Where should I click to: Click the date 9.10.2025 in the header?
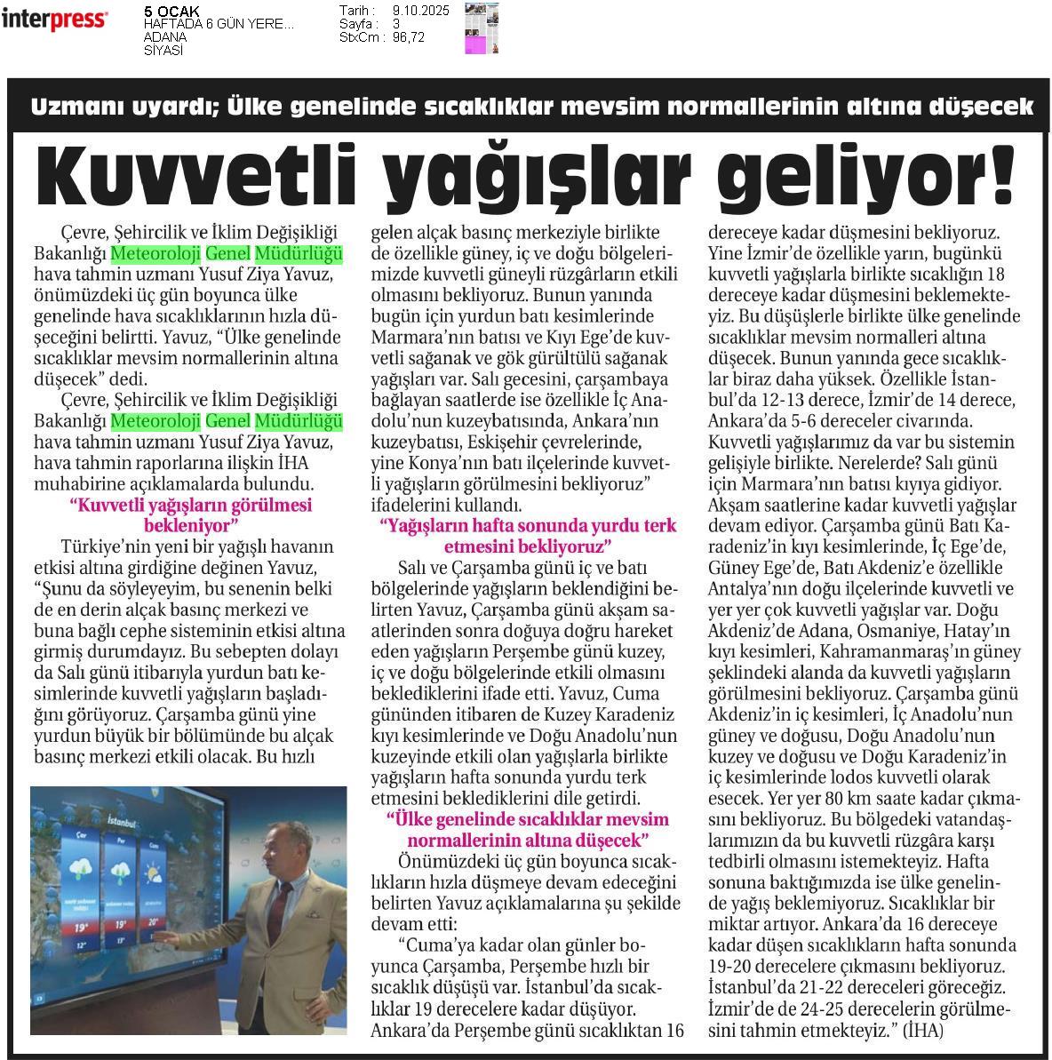click(420, 10)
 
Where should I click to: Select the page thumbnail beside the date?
click(482, 28)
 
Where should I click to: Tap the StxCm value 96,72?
click(408, 37)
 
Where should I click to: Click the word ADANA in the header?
click(164, 37)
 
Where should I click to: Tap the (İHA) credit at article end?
click(922, 1031)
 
